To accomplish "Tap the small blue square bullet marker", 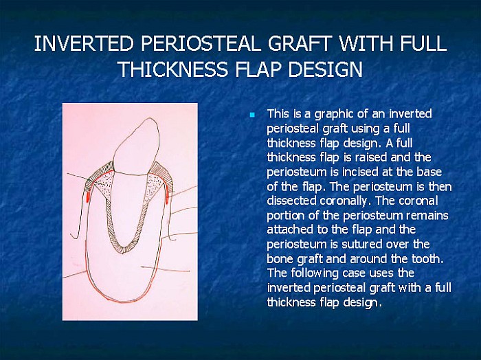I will [x=252, y=114].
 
